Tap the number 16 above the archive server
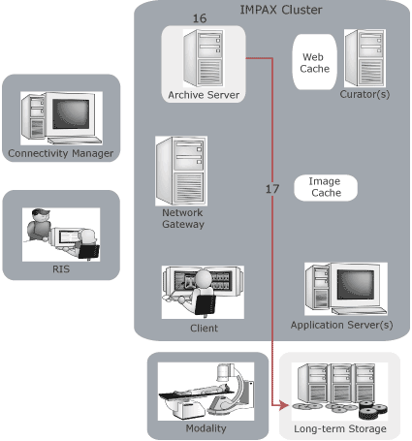[x=200, y=18]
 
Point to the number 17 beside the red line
[x=272, y=188]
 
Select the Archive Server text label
[x=203, y=94]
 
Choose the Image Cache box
[x=325, y=187]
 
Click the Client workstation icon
[x=203, y=290]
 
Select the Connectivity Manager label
[x=60, y=153]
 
